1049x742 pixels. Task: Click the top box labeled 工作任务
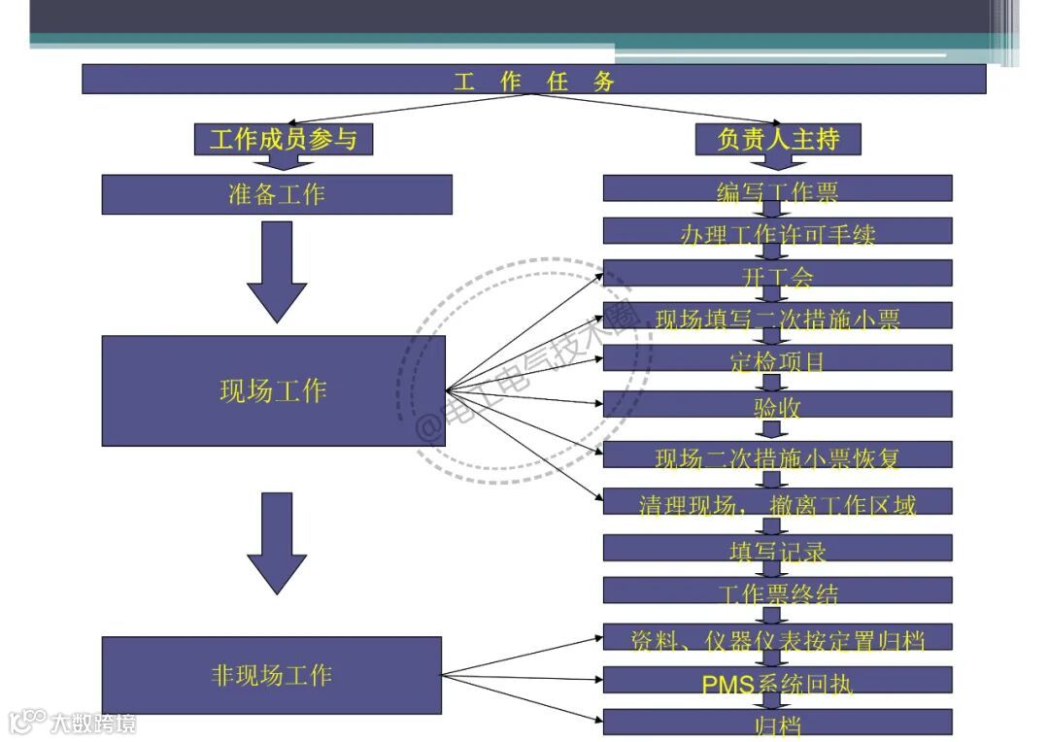[x=533, y=80]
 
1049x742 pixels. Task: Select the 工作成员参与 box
[x=284, y=139]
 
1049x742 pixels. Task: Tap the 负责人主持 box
[x=778, y=139]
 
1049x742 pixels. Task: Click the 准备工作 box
[x=277, y=194]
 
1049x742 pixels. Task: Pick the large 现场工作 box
[x=273, y=390]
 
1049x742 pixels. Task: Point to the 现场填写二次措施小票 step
[x=777, y=317]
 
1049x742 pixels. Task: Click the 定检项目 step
[x=777, y=359]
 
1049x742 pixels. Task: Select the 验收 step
[x=777, y=405]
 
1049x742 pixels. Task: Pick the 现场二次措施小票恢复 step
[x=777, y=455]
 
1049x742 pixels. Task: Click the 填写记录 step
[x=777, y=549]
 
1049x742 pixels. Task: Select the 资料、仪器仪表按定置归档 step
[x=777, y=638]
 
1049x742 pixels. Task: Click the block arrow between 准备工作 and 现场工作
[x=277, y=272]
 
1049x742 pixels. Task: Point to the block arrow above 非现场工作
[x=277, y=542]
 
